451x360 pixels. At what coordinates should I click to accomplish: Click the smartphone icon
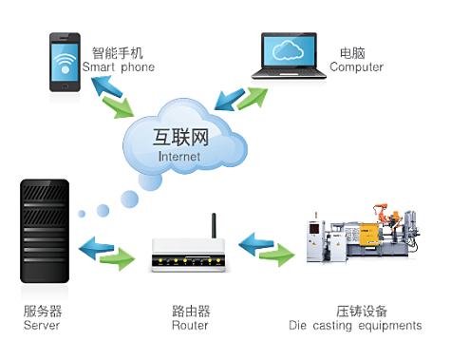tap(65, 63)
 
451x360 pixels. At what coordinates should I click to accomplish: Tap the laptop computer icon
tap(289, 56)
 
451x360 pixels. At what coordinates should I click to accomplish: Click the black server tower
tap(45, 231)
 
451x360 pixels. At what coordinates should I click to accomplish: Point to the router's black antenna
tap(214, 225)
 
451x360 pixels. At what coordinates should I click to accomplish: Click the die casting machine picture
tap(364, 234)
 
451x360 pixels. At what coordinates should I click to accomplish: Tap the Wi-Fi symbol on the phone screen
tap(65, 63)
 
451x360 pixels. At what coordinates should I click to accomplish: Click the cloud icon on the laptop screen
tap(288, 50)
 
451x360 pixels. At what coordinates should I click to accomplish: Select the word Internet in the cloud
tap(179, 157)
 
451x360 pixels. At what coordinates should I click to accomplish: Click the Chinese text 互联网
tap(180, 138)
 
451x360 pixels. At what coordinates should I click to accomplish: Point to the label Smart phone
tap(119, 67)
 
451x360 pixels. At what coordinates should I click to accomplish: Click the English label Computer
tap(356, 67)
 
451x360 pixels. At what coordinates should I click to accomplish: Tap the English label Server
tap(42, 326)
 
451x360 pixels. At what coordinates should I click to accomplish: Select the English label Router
tap(190, 326)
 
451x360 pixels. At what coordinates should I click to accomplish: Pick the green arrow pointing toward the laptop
tap(253, 98)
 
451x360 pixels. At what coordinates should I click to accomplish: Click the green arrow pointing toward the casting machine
tap(276, 255)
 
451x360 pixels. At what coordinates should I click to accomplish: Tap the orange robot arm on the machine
tap(381, 212)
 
